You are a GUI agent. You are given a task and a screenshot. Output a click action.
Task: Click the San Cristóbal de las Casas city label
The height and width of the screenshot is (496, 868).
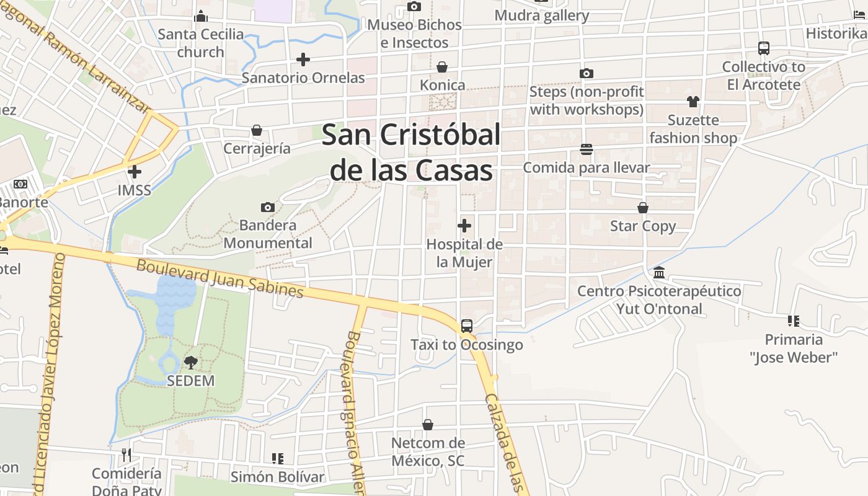(411, 152)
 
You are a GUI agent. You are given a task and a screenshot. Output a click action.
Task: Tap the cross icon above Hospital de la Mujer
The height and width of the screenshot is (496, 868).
(464, 226)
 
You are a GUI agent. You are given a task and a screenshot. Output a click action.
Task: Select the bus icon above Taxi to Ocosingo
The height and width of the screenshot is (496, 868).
(467, 326)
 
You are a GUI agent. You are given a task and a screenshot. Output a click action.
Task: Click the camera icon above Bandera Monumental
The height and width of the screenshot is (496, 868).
(268, 207)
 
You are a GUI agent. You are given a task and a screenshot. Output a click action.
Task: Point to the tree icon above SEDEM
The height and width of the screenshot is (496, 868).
(191, 363)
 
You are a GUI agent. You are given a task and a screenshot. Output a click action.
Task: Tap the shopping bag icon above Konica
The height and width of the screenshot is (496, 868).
(442, 67)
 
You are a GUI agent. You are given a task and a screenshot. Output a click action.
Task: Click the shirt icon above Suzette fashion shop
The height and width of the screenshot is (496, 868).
(693, 102)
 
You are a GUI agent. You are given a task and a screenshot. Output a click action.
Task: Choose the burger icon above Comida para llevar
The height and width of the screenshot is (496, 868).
(587, 149)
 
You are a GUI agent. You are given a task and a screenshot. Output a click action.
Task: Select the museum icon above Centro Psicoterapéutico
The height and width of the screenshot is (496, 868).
(659, 273)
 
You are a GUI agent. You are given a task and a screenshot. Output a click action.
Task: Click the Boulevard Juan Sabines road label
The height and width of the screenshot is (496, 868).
(220, 278)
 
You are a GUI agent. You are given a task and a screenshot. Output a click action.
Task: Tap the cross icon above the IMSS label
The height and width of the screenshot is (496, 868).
(135, 172)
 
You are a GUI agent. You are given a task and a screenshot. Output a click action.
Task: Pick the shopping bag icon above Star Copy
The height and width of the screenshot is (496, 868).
(643, 208)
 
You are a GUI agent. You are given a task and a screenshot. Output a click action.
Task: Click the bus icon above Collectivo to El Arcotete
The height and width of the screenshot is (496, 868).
(764, 48)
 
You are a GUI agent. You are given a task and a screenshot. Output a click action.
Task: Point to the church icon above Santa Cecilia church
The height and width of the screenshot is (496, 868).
(201, 16)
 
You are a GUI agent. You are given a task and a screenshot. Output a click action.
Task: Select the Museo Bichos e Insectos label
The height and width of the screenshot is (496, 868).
(415, 33)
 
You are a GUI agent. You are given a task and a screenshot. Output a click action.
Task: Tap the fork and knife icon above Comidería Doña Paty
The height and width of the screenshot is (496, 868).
(126, 455)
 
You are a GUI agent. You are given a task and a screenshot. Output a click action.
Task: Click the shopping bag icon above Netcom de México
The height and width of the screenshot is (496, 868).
(428, 425)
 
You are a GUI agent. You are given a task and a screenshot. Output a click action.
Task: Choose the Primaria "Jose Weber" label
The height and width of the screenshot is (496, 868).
(794, 348)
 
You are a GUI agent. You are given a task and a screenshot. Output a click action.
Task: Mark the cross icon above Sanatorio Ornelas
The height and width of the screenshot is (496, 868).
(303, 60)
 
